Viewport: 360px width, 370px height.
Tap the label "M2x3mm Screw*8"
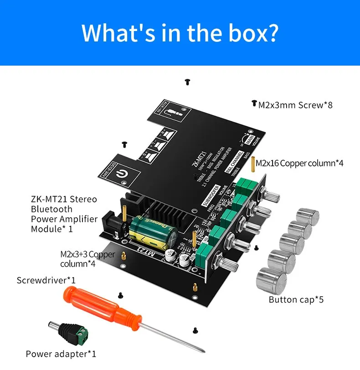click(x=295, y=105)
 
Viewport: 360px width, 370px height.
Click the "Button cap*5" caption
click(x=296, y=299)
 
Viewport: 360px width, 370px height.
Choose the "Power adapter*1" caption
click(x=61, y=354)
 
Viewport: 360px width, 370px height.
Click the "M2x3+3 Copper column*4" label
click(x=87, y=259)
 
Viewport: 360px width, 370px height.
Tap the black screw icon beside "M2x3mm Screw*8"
click(x=254, y=104)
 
